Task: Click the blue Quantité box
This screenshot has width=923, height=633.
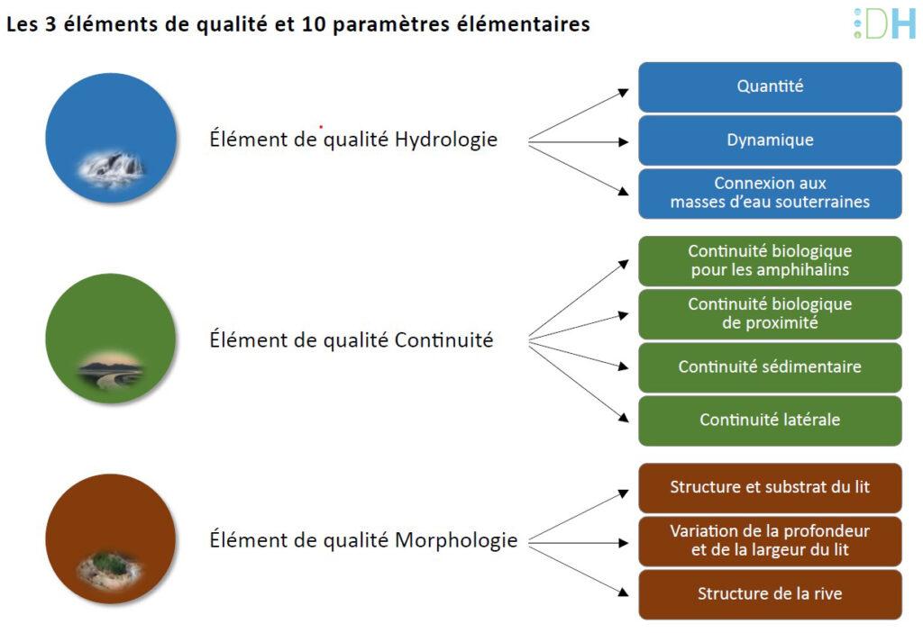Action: [x=770, y=87]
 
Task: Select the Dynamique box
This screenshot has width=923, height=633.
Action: [x=770, y=140]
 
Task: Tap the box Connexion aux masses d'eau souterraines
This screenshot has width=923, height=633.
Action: [x=770, y=193]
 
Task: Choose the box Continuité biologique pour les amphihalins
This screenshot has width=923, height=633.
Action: [x=770, y=260]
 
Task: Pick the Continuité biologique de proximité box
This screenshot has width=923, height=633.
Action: [x=770, y=313]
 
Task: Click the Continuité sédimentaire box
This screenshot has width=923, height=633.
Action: [x=770, y=367]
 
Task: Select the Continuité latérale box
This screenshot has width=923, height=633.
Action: [x=770, y=420]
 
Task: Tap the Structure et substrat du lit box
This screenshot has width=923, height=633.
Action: [x=770, y=488]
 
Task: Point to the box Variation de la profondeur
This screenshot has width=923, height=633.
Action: [x=770, y=540]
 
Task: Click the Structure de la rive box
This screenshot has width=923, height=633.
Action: [x=770, y=594]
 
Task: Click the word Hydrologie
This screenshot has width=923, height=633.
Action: [x=446, y=140]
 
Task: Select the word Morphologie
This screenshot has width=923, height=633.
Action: [x=456, y=540]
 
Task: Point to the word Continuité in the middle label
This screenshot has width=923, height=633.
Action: [x=443, y=340]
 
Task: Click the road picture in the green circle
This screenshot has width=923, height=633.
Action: [x=111, y=371]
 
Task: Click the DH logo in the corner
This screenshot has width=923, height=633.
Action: [x=885, y=23]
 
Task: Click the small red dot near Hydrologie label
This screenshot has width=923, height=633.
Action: [x=321, y=126]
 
